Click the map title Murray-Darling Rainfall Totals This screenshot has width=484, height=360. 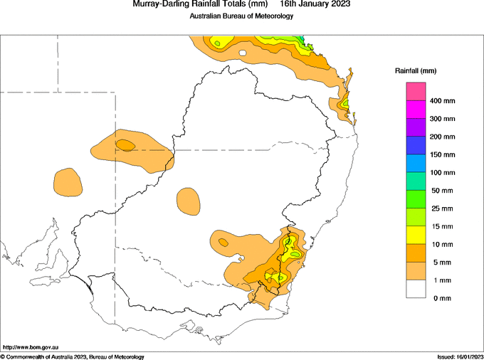click(199, 4)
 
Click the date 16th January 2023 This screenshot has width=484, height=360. click(315, 4)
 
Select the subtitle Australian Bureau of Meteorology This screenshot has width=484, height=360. click(241, 16)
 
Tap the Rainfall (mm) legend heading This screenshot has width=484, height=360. click(416, 71)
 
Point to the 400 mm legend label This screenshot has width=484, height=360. click(442, 101)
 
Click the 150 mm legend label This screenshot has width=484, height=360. click(442, 155)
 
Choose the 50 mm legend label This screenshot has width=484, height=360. click(442, 191)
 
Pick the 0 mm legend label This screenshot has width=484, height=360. click(442, 298)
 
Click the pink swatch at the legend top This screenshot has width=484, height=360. click(416, 92)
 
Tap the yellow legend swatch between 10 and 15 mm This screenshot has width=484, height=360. click(416, 235)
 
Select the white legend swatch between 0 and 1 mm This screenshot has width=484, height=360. click(416, 289)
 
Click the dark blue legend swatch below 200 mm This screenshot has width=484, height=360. click(416, 146)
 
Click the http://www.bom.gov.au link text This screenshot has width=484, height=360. click(31, 347)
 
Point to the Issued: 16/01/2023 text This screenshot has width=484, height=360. click(460, 357)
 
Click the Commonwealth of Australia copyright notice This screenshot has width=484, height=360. click(72, 357)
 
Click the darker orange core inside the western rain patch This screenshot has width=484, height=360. click(125, 145)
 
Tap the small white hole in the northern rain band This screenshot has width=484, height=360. click(243, 53)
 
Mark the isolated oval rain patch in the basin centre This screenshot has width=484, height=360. click(188, 201)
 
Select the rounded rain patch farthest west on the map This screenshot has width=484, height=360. click(68, 182)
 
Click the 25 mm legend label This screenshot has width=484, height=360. click(442, 208)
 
